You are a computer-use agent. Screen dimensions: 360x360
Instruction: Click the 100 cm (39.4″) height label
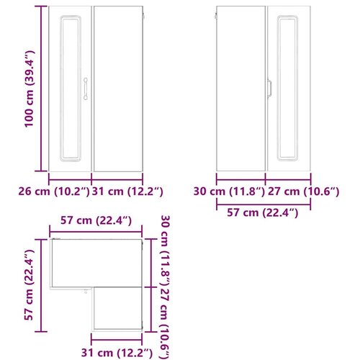30,89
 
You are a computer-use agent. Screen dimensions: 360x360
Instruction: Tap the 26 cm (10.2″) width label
54,192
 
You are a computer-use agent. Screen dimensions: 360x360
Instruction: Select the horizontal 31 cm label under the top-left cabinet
127,192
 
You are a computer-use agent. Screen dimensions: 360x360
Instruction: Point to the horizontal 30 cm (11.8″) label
229,192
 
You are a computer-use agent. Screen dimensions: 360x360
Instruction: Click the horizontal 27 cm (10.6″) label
304,192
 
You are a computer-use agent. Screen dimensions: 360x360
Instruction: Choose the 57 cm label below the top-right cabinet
263,212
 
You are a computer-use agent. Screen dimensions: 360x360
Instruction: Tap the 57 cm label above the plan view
96,220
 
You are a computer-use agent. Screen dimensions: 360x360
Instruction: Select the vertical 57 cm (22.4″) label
29,284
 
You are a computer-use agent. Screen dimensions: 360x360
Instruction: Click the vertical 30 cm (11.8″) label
166,251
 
